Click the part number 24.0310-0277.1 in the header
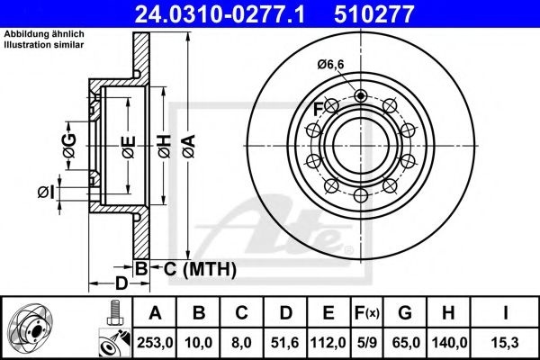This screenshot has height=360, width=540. tap(220, 13)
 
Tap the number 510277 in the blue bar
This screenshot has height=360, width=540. tap(373, 13)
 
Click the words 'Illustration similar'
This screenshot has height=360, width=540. tap(44, 44)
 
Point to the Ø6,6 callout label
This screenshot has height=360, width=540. tap(330, 65)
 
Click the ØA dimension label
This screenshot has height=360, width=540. tap(189, 146)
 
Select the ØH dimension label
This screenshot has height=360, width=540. tap(165, 146)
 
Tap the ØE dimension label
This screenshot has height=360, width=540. tap(129, 147)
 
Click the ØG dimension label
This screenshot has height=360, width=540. tap(69, 146)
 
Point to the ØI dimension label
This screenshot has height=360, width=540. tap(46, 193)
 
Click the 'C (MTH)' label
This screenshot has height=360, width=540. tap(200, 269)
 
